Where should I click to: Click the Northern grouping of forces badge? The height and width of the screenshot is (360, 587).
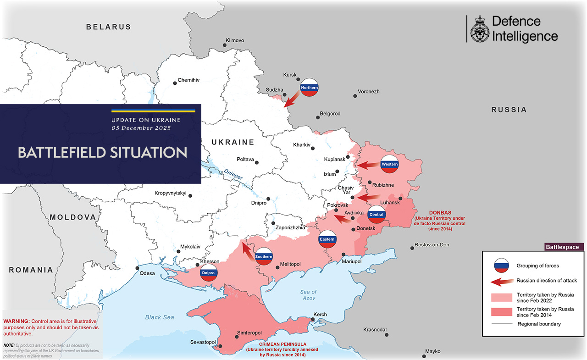point(309,87)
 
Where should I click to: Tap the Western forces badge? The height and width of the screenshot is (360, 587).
point(389,164)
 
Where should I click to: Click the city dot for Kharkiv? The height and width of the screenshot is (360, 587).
point(313,148)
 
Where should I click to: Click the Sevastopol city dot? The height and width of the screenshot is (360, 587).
point(221,346)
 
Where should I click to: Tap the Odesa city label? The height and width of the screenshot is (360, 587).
point(148,274)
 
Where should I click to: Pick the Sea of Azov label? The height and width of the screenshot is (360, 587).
point(308,295)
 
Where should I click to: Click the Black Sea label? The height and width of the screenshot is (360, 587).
point(160,317)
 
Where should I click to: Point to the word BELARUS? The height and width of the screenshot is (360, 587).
point(109,27)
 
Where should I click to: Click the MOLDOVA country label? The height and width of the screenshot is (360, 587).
point(73,217)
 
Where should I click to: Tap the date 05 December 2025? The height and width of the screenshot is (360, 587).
point(141,128)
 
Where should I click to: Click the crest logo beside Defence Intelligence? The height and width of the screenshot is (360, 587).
point(480,29)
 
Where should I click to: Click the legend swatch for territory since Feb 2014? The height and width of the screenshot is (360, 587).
point(501,312)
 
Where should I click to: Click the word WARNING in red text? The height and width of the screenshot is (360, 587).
point(17,321)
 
